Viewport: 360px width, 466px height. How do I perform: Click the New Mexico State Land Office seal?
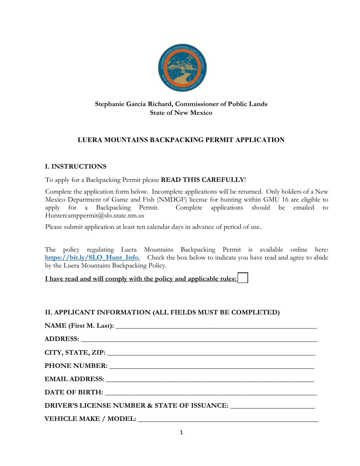pos(182,67)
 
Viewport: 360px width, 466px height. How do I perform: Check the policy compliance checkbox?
pos(243,278)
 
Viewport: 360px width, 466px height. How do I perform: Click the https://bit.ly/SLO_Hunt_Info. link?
pos(92,258)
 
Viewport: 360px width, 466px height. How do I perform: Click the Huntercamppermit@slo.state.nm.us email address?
pos(95,216)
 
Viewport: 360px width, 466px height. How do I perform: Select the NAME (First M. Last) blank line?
pos(216,326)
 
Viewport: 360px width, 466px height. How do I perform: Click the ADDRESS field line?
pos(199,339)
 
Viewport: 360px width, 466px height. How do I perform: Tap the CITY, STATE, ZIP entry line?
pos(211,353)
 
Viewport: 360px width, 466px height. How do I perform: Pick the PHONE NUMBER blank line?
pos(211,366)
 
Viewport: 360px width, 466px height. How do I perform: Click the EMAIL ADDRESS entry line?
pos(210,379)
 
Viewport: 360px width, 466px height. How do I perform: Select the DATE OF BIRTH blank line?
pos(211,393)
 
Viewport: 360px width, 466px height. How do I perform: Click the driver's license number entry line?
pos(272,406)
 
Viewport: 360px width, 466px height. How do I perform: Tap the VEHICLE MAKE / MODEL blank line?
pos(228,419)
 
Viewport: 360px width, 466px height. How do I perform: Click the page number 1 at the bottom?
pos(181,432)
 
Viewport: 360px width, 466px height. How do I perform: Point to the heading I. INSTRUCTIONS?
pos(76,167)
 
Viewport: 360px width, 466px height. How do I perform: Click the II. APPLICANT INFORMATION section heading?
pos(162,312)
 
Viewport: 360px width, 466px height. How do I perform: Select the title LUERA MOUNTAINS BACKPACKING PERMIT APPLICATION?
pos(181,140)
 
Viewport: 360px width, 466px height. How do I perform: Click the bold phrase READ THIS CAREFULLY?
pos(203,180)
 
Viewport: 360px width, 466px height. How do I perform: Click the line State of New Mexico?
pos(181,113)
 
